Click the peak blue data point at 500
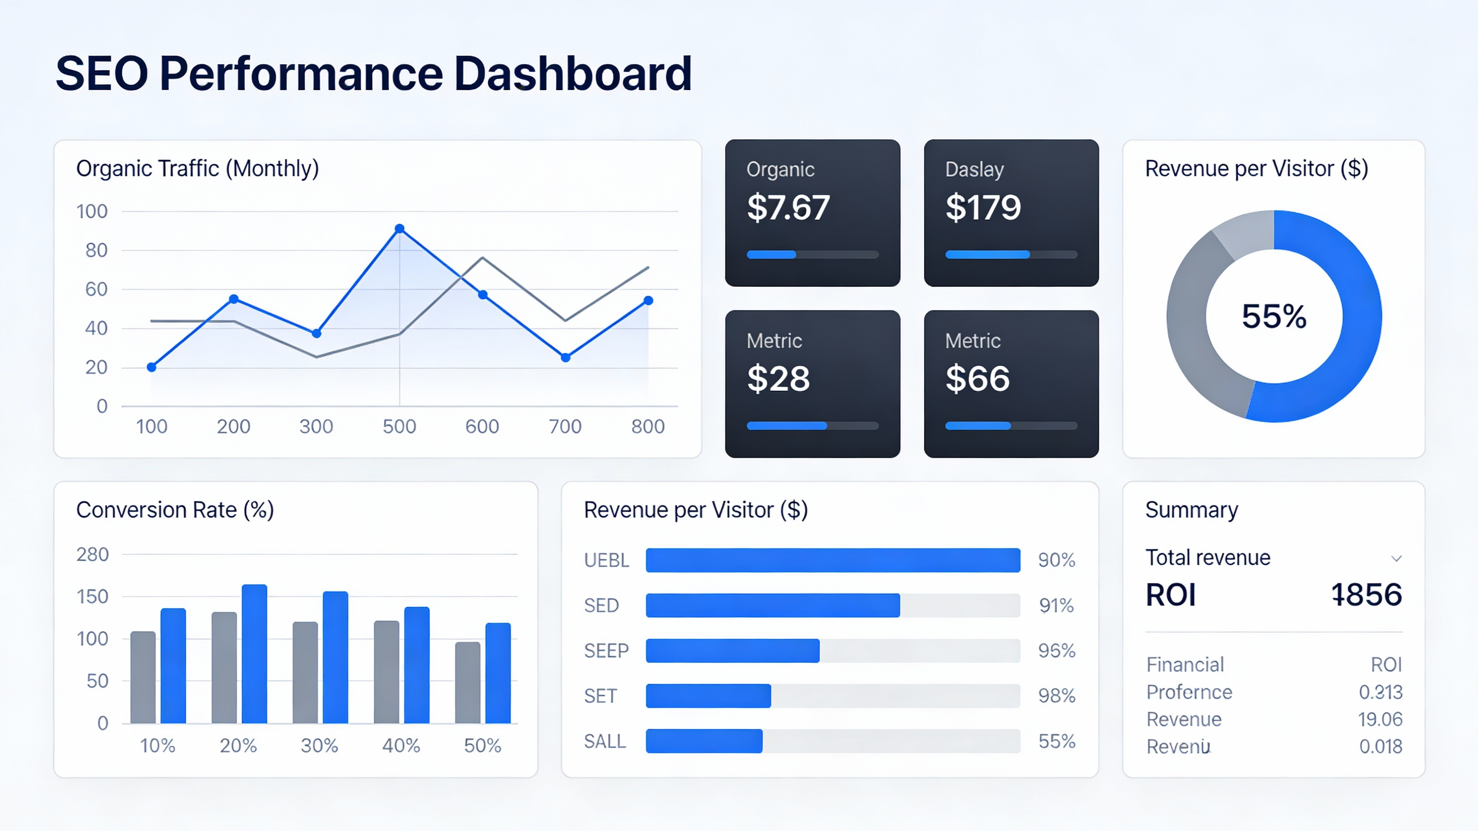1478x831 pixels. tap(400, 229)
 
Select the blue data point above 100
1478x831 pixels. tap(151, 367)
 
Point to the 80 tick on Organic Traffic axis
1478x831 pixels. tap(96, 250)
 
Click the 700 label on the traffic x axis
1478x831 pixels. tap(565, 426)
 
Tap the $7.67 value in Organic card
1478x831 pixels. tap(788, 207)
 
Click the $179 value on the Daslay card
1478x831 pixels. tap(983, 207)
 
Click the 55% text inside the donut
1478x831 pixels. tap(1274, 316)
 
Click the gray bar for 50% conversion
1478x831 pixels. tap(468, 683)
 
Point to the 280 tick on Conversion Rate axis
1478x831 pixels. tap(93, 554)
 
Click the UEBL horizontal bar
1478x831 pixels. tap(832, 560)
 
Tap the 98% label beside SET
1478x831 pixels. tap(1056, 696)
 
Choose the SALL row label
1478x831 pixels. tap(605, 741)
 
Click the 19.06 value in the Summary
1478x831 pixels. tap(1380, 719)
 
